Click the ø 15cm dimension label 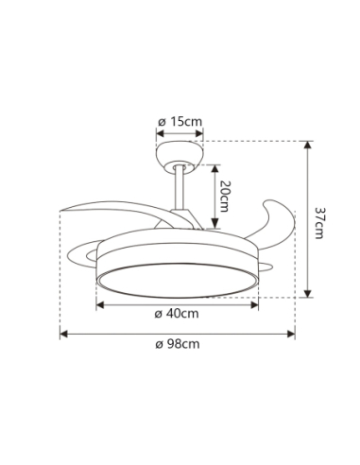180,121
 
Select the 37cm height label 319,222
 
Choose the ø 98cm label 177,345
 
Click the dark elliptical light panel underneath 178,280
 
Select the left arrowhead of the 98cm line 64,333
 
